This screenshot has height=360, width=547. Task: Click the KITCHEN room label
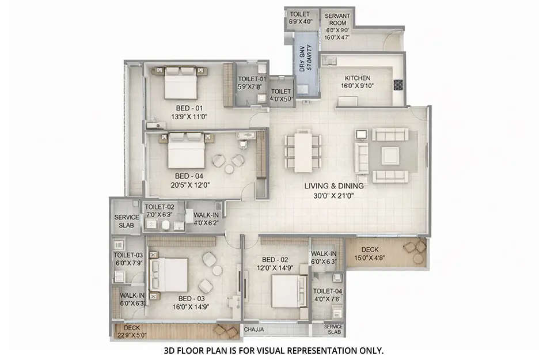pos(358,78)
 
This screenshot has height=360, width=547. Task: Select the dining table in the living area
pos(302,149)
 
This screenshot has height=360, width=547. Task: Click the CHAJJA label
pos(254,330)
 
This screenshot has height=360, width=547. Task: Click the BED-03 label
pos(192,298)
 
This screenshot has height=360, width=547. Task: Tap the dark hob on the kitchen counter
pos(398,85)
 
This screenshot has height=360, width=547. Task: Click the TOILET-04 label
pos(327,291)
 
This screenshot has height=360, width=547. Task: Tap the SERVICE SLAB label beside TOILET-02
pos(126,221)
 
